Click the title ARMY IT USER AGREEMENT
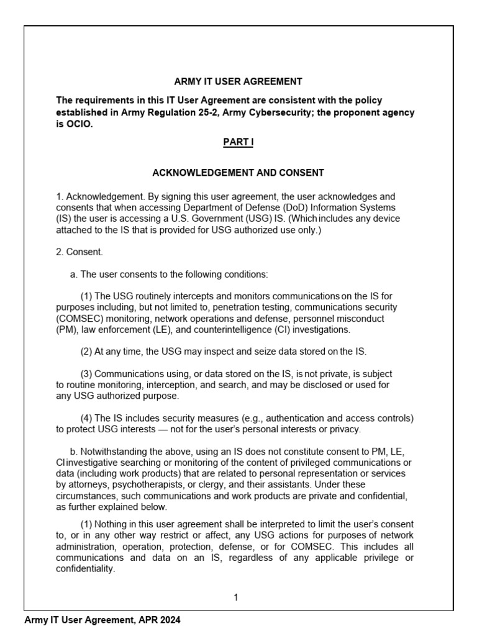pyautogui.click(x=238, y=81)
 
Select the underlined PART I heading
pyautogui.click(x=238, y=142)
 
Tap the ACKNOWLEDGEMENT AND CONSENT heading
pyautogui.click(x=238, y=173)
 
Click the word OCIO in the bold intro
pyautogui.click(x=79, y=124)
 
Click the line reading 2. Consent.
pyautogui.click(x=79, y=252)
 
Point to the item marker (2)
pyautogui.click(x=86, y=352)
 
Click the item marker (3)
pyautogui.click(x=86, y=374)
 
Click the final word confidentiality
pyautogui.click(x=86, y=568)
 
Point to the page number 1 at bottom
pyautogui.click(x=236, y=597)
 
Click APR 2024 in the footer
pyautogui.click(x=162, y=620)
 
